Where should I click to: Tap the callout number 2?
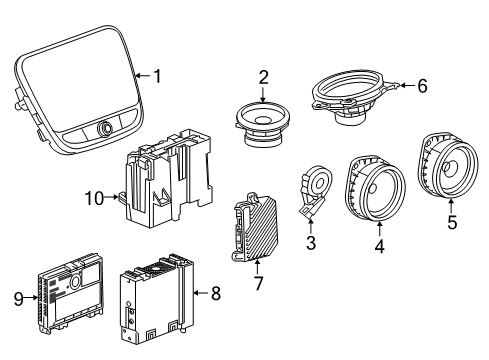263,76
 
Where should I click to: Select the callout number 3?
310,243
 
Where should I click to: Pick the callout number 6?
421,87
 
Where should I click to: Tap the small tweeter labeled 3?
316,190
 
